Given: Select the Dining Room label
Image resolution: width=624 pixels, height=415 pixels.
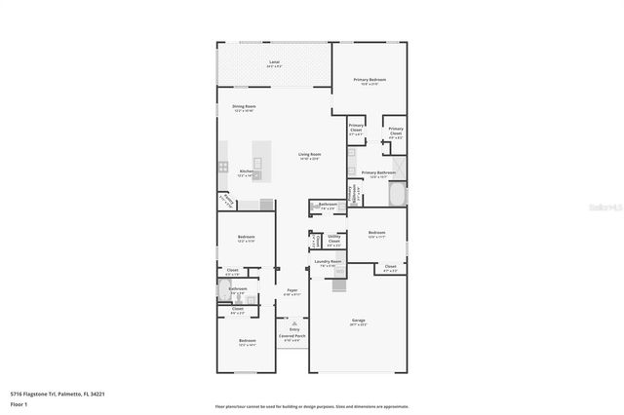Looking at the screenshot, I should (244, 107).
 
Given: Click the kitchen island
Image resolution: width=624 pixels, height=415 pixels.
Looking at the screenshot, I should (258, 161).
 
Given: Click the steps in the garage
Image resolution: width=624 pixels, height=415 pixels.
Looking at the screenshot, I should (339, 285).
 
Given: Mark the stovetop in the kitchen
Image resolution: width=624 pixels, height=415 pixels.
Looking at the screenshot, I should (223, 167).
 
